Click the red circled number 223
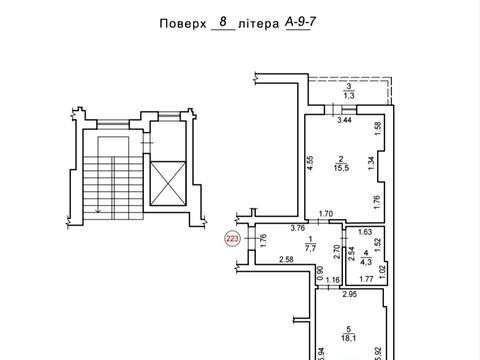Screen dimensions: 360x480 [x=232, y=238]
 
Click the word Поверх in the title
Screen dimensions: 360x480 [x=182, y=23]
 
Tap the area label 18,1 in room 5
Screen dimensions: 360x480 [x=347, y=338]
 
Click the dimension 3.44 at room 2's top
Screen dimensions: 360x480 [x=344, y=120]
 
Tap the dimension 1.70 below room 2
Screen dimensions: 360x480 [x=325, y=213]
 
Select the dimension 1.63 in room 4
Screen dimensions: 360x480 [x=364, y=231]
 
